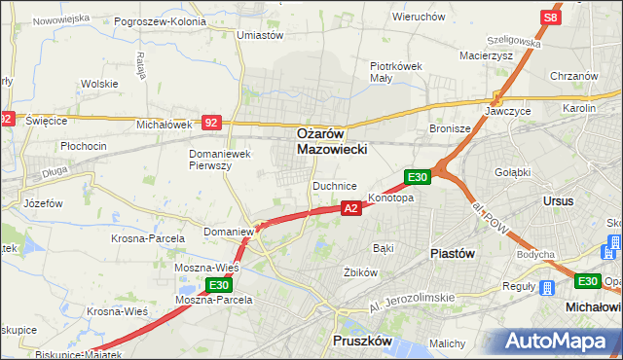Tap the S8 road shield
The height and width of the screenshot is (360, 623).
click(551, 18)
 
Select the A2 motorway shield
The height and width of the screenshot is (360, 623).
click(352, 207)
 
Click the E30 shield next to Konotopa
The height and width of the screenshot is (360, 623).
click(418, 176)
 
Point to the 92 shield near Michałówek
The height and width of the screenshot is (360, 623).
click(212, 123)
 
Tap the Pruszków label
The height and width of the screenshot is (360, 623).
click(361, 342)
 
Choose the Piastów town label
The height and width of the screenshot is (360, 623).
click(452, 253)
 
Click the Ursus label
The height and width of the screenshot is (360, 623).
click(559, 200)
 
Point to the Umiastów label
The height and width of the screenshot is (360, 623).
click(260, 35)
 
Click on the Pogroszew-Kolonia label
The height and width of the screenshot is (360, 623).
click(160, 20)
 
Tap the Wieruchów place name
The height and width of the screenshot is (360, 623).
click(419, 17)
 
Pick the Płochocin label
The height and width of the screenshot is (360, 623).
click(83, 146)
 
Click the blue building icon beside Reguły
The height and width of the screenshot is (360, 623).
click(547, 288)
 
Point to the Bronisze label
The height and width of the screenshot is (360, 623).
click(451, 128)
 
